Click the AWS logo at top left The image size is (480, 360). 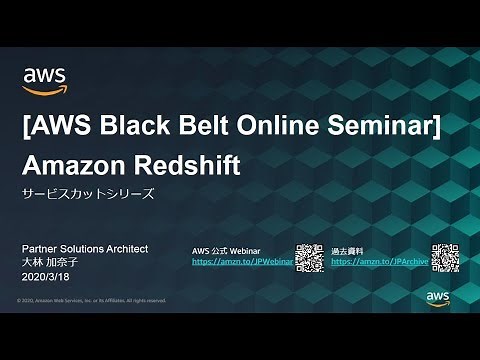pyautogui.click(x=44, y=79)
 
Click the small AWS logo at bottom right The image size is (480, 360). pyautogui.click(x=438, y=297)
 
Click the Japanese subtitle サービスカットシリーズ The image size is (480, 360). pyautogui.click(x=89, y=194)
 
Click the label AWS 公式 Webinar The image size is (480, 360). pyautogui.click(x=226, y=249)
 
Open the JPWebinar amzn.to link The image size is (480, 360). pyautogui.click(x=242, y=261)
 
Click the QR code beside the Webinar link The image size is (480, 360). pyautogui.click(x=310, y=258)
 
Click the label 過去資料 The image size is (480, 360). pyautogui.click(x=345, y=249)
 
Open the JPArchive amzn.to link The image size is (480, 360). pyautogui.click(x=379, y=261)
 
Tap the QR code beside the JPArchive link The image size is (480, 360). pyautogui.click(x=444, y=258)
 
